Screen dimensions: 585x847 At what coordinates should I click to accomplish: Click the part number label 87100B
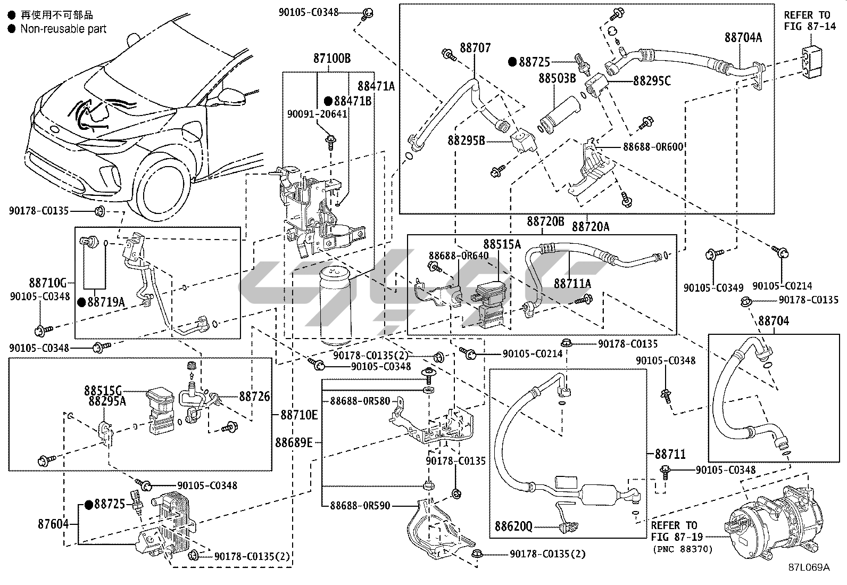click(x=331, y=59)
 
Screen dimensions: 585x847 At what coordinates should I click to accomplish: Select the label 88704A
click(x=743, y=37)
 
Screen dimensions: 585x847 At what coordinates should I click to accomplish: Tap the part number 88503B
click(x=557, y=78)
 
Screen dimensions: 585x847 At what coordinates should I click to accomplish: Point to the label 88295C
click(x=652, y=81)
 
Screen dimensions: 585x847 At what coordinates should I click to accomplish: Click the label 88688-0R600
click(x=653, y=146)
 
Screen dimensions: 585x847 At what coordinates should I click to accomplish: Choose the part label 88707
click(x=475, y=48)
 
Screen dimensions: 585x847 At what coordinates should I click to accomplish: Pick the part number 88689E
click(x=294, y=442)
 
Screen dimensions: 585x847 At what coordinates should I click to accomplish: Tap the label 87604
click(x=53, y=524)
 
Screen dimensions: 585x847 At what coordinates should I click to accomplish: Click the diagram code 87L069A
click(x=809, y=567)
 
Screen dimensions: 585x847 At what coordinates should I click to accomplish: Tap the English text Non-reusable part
click(x=63, y=29)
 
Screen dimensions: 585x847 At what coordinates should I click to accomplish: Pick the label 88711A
click(x=572, y=284)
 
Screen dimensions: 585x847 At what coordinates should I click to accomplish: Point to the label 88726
click(x=254, y=396)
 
